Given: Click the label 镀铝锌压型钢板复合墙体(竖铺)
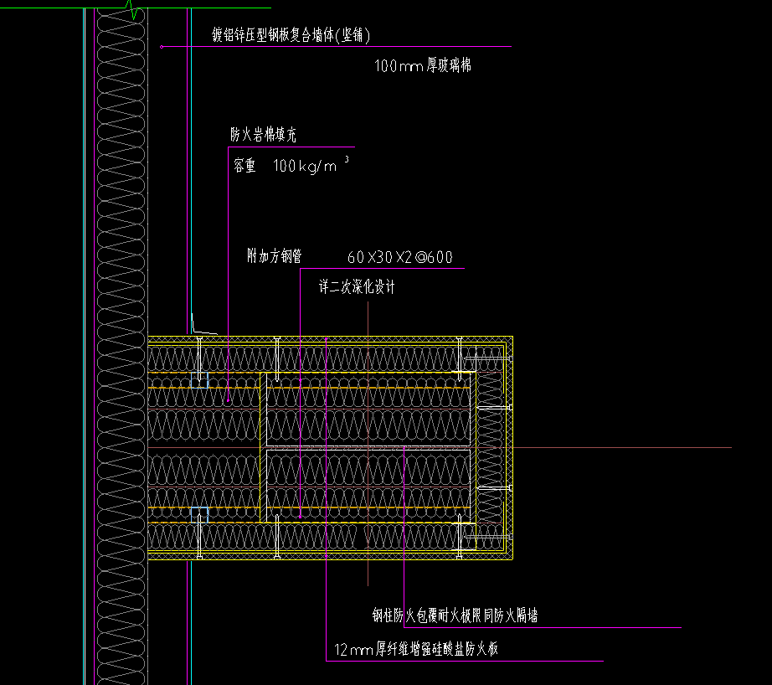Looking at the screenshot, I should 291,35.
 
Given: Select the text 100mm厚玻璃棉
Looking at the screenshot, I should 423,65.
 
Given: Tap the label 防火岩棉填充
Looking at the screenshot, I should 263,134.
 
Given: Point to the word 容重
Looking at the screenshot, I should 244,166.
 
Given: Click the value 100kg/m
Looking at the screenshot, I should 305,167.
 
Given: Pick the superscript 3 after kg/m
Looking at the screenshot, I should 346,159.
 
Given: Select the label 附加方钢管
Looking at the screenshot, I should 275,256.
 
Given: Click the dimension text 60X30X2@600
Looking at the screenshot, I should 399,258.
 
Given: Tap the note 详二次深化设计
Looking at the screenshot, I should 356,287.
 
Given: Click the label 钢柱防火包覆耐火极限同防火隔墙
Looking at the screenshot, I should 455,616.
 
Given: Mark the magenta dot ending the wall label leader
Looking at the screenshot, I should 161,47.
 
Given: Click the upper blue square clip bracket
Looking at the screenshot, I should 198,379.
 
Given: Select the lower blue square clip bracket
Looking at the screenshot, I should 198,515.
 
